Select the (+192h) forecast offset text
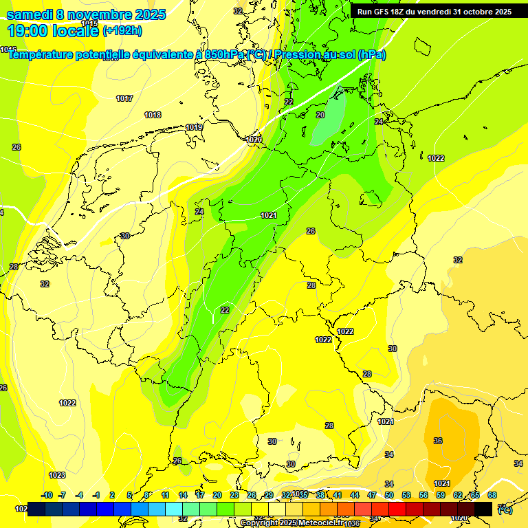tap(122, 30)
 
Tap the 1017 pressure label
tap(124, 98)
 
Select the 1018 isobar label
tap(153, 115)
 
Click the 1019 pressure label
tap(194, 127)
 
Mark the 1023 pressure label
tap(57, 475)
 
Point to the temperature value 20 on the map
tap(320, 115)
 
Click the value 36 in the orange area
tap(438, 441)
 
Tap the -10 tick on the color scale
tap(47, 495)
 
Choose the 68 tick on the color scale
tap(492, 495)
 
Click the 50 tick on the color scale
tap(389, 495)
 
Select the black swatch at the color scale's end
tap(483, 509)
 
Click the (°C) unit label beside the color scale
tap(505, 509)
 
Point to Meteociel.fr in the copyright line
tap(322, 523)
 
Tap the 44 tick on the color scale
tap(355, 495)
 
